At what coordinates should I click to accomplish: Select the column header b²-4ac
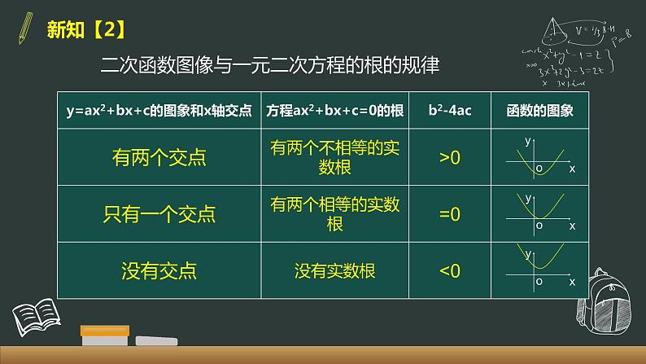pos(449,111)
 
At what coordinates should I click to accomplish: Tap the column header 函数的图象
pos(540,111)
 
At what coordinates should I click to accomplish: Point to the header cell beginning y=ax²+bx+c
pos(159,111)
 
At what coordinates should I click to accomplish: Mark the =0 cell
pos(449,214)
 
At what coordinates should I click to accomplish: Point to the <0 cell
pos(449,270)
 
